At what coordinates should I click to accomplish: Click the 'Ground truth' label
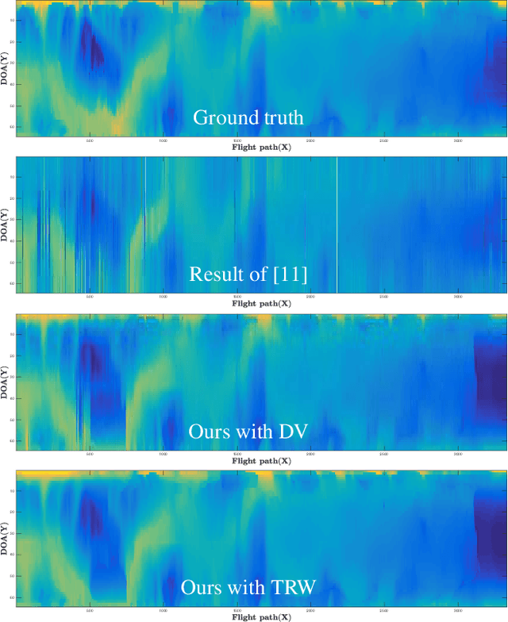(248, 118)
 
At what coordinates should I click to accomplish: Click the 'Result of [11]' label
(248, 275)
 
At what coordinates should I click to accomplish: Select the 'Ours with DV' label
(248, 432)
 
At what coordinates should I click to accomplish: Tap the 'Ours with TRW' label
(248, 588)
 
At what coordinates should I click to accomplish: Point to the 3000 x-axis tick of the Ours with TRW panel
(458, 609)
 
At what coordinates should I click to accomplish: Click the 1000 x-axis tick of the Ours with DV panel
(163, 453)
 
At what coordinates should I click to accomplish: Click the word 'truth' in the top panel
(282, 118)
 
